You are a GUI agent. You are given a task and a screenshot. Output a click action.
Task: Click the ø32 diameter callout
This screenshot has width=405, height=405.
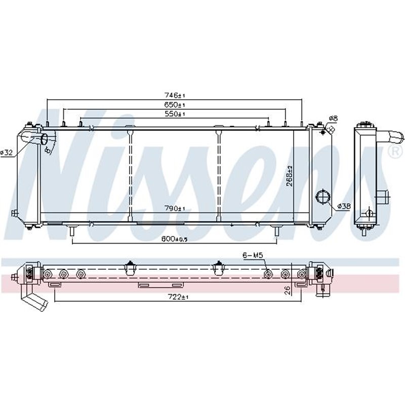(7, 152)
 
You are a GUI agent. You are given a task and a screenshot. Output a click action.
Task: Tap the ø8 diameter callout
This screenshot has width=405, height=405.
(333, 118)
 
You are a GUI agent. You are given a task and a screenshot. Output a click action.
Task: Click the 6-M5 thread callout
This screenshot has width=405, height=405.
(253, 257)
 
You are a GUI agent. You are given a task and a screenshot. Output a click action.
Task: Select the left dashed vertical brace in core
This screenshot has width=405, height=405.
(130, 175)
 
